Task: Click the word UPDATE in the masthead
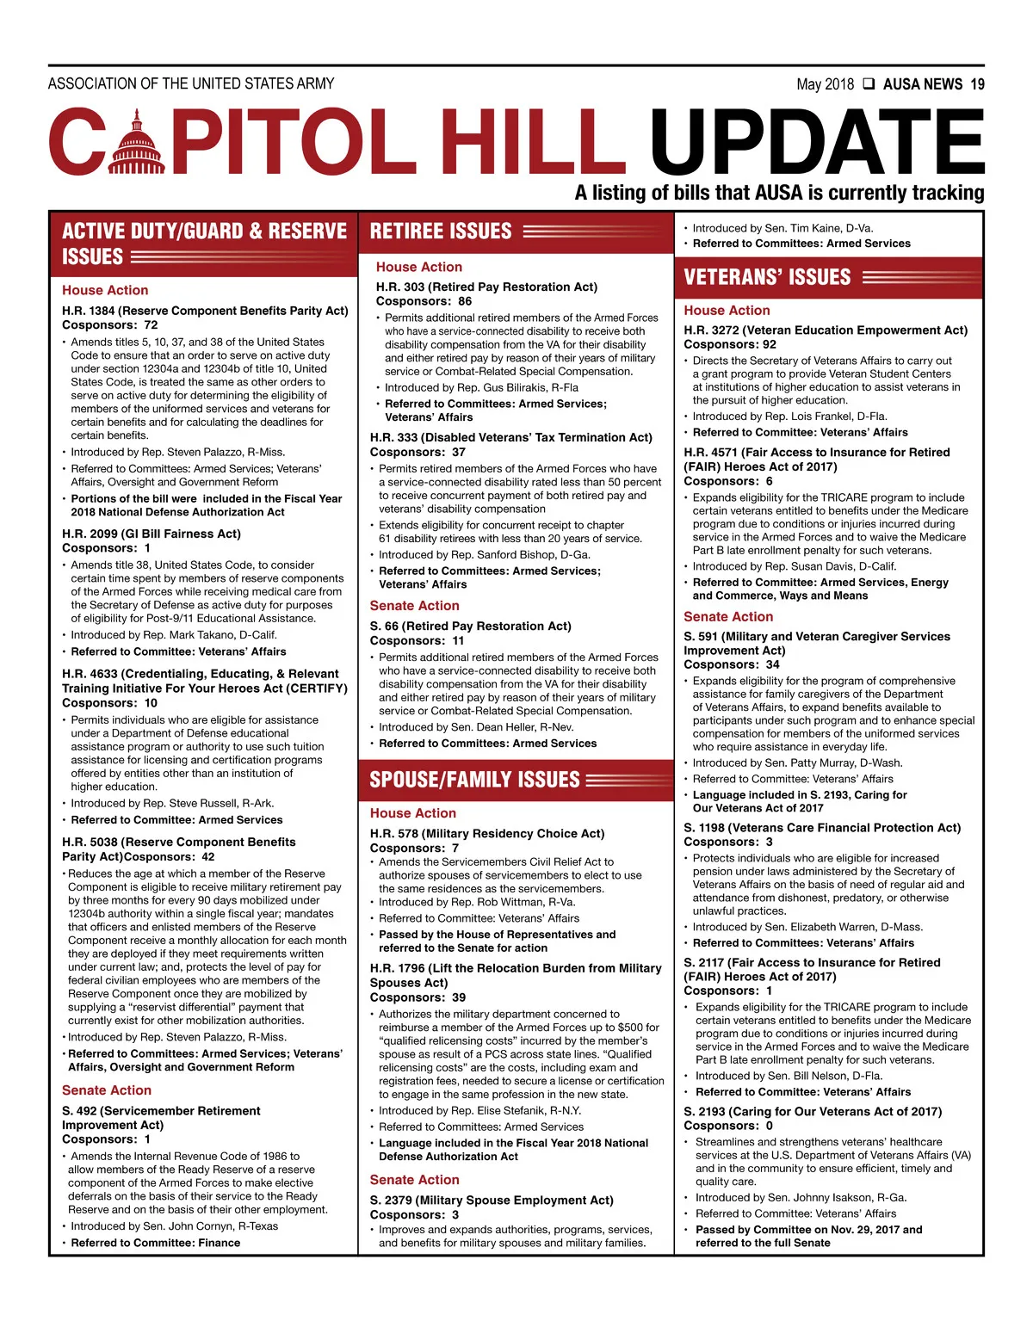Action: (x=816, y=142)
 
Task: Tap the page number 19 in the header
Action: (x=977, y=84)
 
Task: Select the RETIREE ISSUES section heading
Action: (x=441, y=231)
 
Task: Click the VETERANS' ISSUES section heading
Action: (x=767, y=277)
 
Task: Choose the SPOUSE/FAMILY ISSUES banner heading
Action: (x=474, y=780)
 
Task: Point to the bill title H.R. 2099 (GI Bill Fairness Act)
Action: (x=152, y=534)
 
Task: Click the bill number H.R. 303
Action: (x=400, y=287)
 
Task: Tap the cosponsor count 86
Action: (x=465, y=301)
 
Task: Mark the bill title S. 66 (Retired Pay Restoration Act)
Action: (x=470, y=626)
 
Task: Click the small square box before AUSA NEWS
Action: (x=869, y=84)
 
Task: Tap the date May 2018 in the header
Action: (x=825, y=84)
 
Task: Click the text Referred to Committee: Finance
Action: (x=156, y=1243)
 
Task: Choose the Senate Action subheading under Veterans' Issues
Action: (x=728, y=616)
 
